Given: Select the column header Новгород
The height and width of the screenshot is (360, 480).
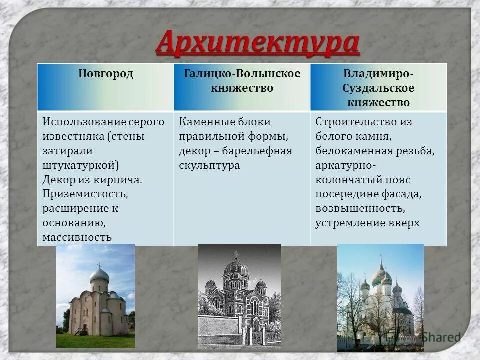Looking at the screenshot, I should [x=105, y=74].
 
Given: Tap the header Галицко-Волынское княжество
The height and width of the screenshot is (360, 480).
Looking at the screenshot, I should [x=242, y=81].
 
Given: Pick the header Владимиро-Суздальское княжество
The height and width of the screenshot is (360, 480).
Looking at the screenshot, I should [x=378, y=88].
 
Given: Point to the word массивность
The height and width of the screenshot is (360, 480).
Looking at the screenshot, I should [x=77, y=237].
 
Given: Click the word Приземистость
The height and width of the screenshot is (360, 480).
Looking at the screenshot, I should [x=85, y=194].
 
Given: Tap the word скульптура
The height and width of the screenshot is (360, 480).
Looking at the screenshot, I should [x=209, y=165].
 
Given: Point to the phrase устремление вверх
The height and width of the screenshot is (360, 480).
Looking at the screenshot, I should [x=367, y=223].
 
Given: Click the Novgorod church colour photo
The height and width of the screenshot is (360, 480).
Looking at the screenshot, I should [x=95, y=296].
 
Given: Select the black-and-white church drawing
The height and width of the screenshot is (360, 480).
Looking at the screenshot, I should [x=239, y=296].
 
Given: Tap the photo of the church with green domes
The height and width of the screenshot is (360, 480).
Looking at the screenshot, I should [x=380, y=297].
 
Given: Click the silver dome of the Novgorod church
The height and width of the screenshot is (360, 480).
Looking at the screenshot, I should [x=99, y=274].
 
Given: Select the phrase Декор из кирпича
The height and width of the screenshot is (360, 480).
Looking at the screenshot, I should [x=92, y=179].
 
